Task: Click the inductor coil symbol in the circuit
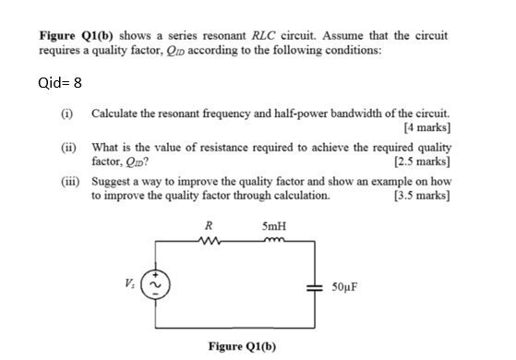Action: pos(273,243)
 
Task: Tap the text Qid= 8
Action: pos(61,81)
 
